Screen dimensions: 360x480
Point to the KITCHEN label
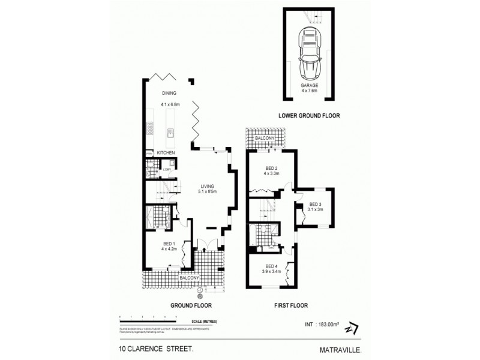166,154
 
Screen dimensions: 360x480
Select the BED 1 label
168,244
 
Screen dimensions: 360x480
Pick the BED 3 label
316,205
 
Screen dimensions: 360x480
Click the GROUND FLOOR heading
189,305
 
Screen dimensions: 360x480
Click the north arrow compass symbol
352,328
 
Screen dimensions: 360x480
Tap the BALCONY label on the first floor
265,139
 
